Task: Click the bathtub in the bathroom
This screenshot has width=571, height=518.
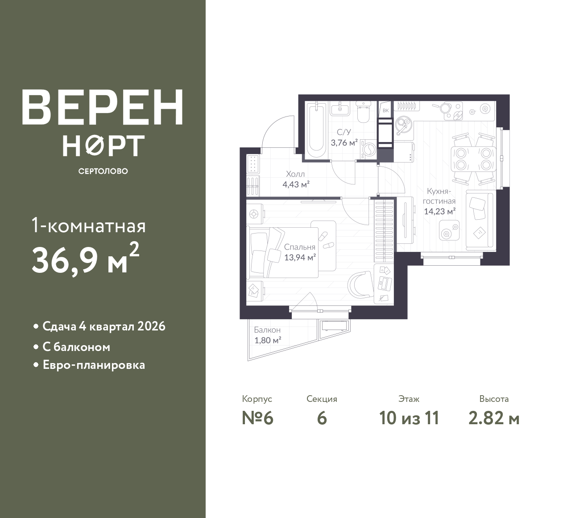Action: coord(316,130)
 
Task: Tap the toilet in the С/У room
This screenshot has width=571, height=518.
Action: coord(364,112)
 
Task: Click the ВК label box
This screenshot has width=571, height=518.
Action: coord(386,111)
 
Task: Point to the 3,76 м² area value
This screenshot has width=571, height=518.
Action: coord(344,142)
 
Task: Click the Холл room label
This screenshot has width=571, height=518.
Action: coord(295,174)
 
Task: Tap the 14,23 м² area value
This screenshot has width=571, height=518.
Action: coord(440,211)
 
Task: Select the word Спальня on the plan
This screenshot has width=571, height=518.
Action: coord(300,247)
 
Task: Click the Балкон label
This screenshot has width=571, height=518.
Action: coord(267,330)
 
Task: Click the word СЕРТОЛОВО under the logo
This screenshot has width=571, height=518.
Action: coord(103,171)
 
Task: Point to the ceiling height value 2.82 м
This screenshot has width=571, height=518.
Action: coord(494,418)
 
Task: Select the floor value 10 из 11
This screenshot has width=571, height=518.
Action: coord(409,418)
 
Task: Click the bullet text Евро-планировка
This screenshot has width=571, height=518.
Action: coord(94,365)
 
